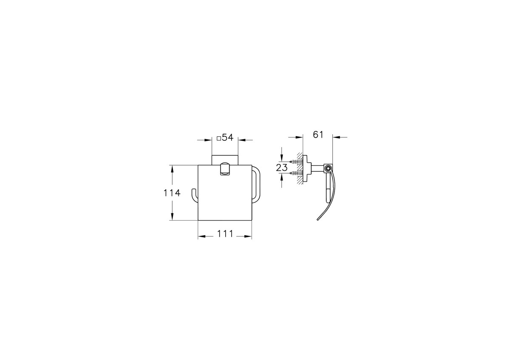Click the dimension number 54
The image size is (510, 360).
point(228,137)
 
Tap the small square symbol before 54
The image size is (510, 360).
point(218,139)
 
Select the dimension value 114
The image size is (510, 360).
point(172,193)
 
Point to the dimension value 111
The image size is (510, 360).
point(225,234)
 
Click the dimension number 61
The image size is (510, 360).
point(318,135)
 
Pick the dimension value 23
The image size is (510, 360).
point(282,168)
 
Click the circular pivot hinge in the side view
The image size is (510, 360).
point(328,169)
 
